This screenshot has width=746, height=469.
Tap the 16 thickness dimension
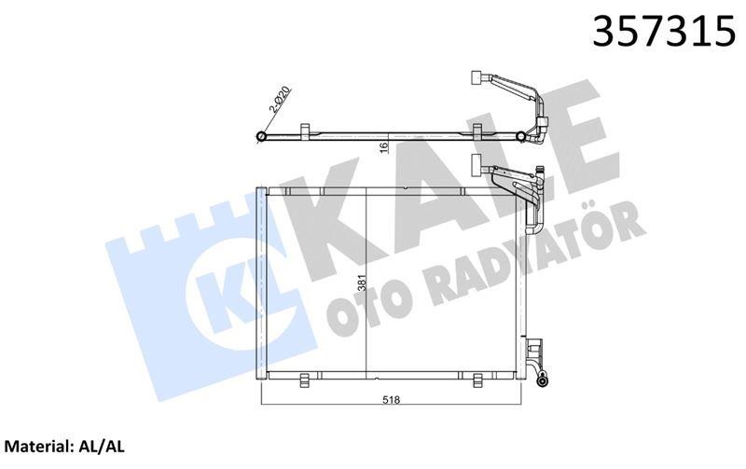click(382, 150)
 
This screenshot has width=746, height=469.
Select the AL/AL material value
click(103, 448)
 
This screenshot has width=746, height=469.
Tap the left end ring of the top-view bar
click(261, 138)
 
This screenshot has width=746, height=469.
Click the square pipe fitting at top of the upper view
click(479, 79)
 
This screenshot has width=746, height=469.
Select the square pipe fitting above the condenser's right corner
click(480, 168)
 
